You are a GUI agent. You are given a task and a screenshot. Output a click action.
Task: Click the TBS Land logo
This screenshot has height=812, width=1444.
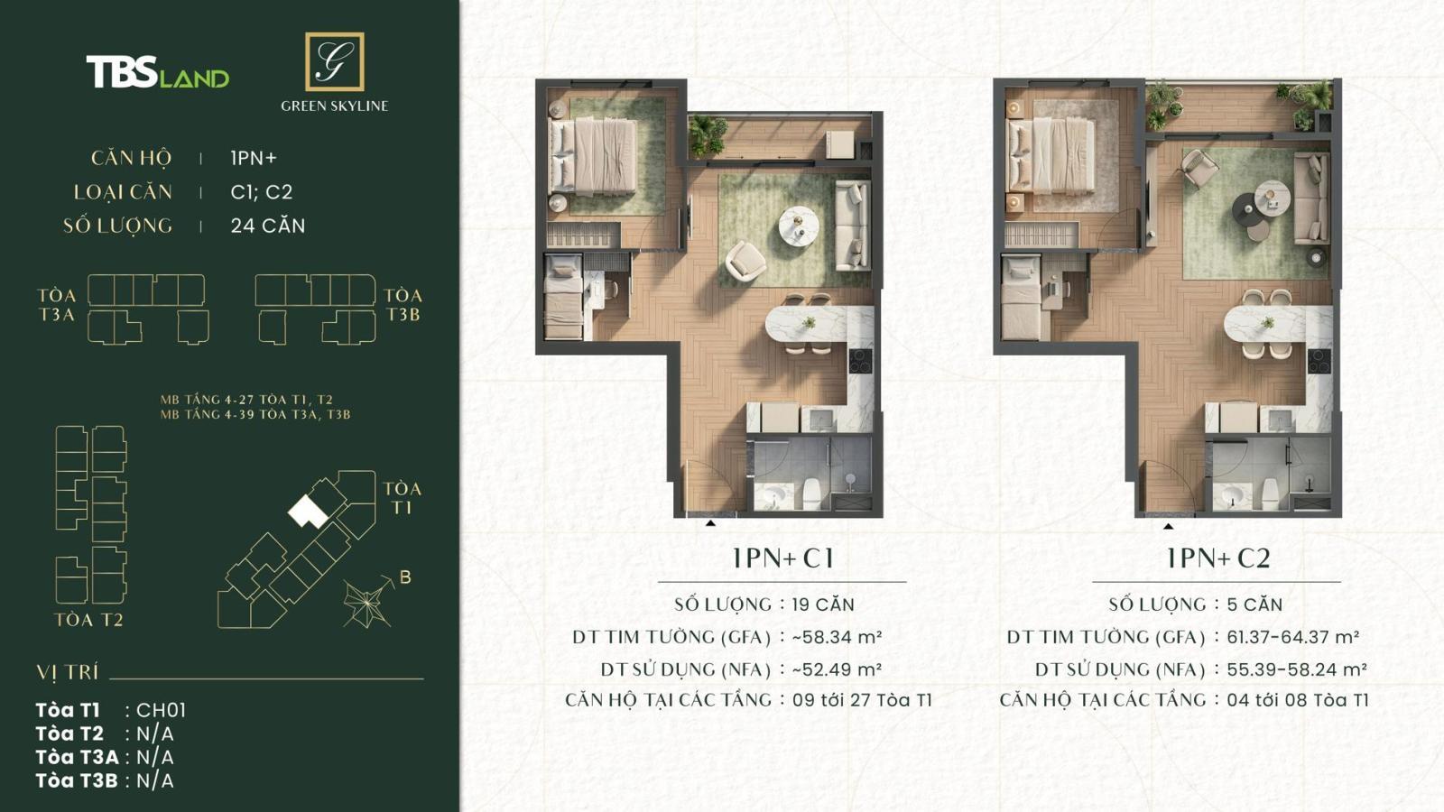coord(157,72)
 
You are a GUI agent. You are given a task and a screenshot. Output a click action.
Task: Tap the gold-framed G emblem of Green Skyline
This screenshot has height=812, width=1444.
coord(334,61)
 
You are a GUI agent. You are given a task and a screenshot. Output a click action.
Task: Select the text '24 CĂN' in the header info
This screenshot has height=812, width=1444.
coord(267,226)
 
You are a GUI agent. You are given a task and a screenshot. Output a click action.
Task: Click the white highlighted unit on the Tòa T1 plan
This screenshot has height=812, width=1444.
coord(307,512)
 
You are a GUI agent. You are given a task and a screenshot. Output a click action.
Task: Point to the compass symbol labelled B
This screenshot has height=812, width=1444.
coord(368,602)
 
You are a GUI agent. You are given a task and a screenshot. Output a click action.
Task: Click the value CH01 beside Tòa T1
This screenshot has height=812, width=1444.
coord(161,710)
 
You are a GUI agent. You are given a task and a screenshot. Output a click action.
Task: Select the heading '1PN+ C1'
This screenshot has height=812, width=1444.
coord(782,558)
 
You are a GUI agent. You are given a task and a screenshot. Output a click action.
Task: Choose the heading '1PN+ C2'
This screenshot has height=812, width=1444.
coord(1217,558)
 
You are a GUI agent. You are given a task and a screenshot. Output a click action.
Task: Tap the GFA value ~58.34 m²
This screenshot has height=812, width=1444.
coord(837,637)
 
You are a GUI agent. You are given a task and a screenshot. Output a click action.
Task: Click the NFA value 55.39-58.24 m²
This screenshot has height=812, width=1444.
coord(1296,669)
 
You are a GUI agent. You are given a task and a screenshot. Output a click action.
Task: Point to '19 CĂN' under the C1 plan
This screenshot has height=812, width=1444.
coord(822,604)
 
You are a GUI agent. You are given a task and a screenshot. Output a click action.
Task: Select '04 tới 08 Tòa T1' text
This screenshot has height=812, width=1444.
coord(1297,700)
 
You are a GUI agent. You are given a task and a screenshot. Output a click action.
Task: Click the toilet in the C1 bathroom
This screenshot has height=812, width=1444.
coord(810,493)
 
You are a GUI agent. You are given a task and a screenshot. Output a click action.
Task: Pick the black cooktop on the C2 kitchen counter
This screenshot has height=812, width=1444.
coord(1319,361)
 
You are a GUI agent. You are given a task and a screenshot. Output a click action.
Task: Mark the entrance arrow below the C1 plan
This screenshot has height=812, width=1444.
coord(710,523)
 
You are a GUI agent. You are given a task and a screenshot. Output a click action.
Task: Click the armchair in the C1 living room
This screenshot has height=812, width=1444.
coord(745,260)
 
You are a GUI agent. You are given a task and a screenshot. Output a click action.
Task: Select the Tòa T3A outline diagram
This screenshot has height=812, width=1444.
coord(147,309)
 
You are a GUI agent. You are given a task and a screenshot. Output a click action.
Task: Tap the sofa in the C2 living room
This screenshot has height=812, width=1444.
coord(1310,198)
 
